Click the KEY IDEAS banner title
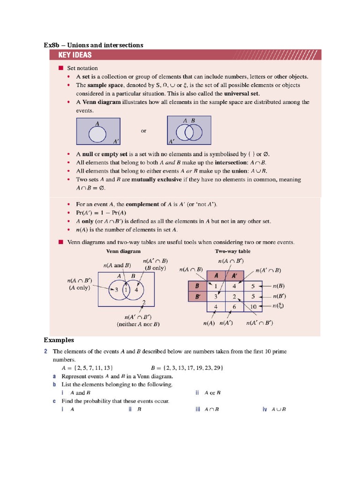(x=75, y=55)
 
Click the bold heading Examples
(x=59, y=340)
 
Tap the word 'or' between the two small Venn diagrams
(x=143, y=131)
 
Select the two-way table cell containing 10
(x=253, y=307)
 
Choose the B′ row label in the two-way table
(x=197, y=296)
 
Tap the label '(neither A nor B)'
(x=138, y=324)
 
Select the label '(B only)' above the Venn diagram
(x=156, y=269)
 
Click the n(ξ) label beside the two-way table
(x=279, y=307)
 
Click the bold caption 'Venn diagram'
(x=123, y=251)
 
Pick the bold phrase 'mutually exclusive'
(x=158, y=180)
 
